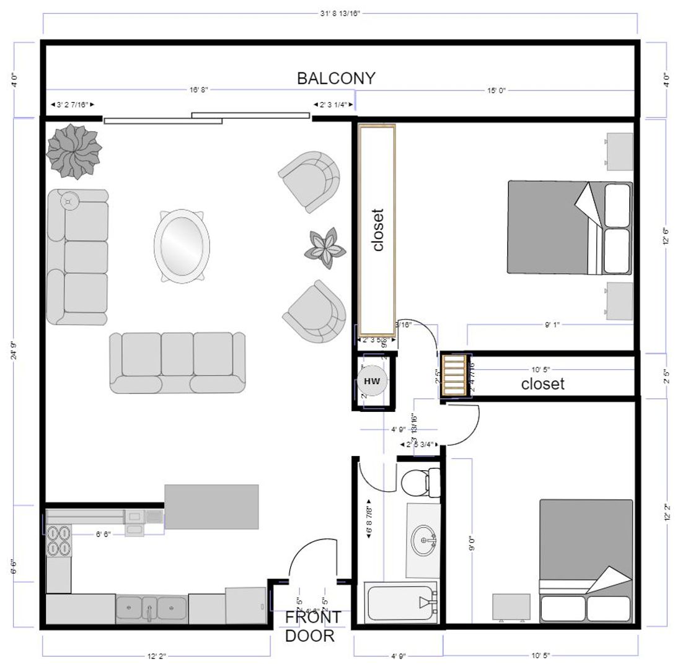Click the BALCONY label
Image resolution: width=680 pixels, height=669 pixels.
[x=336, y=79]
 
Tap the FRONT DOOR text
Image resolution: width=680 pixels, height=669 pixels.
[x=312, y=626]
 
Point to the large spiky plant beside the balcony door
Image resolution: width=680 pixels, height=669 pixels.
[x=74, y=151]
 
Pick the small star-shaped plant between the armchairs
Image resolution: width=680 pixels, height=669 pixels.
[x=325, y=247]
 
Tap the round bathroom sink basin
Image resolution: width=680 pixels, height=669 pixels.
[x=425, y=540]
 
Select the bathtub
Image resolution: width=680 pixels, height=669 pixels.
[x=402, y=603]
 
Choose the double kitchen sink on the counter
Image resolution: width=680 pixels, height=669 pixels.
[x=151, y=608]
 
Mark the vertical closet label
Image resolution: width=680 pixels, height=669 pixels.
[x=378, y=229]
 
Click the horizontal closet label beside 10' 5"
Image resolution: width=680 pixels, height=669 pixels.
[x=542, y=384]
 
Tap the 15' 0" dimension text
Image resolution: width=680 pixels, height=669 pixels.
[x=496, y=90]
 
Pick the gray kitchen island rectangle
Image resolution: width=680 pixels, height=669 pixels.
[x=211, y=507]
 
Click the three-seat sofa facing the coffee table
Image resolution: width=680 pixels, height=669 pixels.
[x=177, y=363]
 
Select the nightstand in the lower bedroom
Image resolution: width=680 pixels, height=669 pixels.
[x=511, y=606]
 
